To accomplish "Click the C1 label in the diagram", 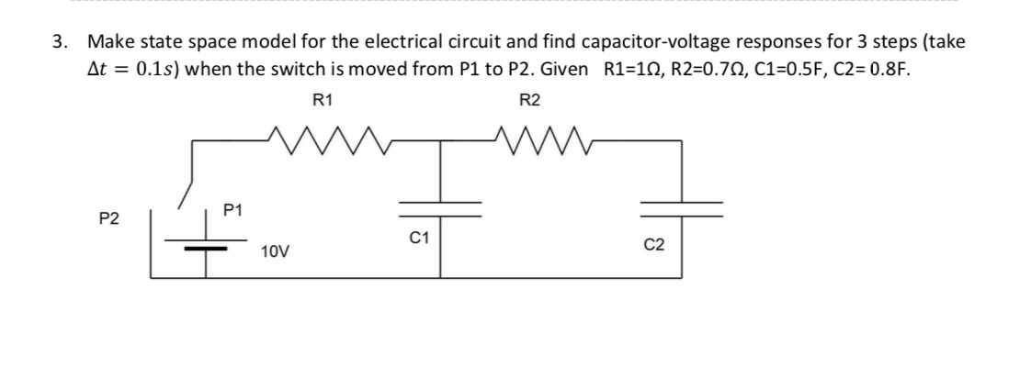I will pos(419,238).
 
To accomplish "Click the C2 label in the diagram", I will pos(654,245).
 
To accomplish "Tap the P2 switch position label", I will pos(109,218).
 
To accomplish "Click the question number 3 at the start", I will pos(60,42).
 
